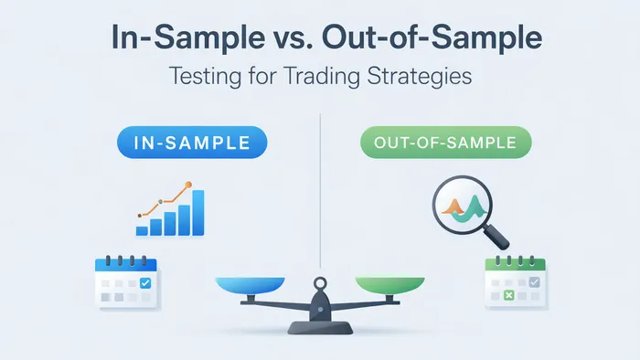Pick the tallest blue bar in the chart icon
(x=197, y=213)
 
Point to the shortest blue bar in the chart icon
(x=142, y=229)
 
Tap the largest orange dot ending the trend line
(x=189, y=185)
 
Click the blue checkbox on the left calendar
(x=143, y=285)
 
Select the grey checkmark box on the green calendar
(x=535, y=284)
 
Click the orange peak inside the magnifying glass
(x=451, y=206)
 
